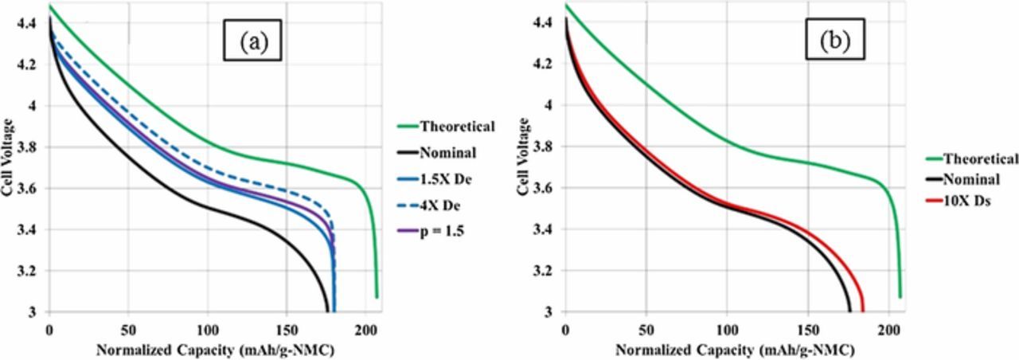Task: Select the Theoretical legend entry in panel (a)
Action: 447,126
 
